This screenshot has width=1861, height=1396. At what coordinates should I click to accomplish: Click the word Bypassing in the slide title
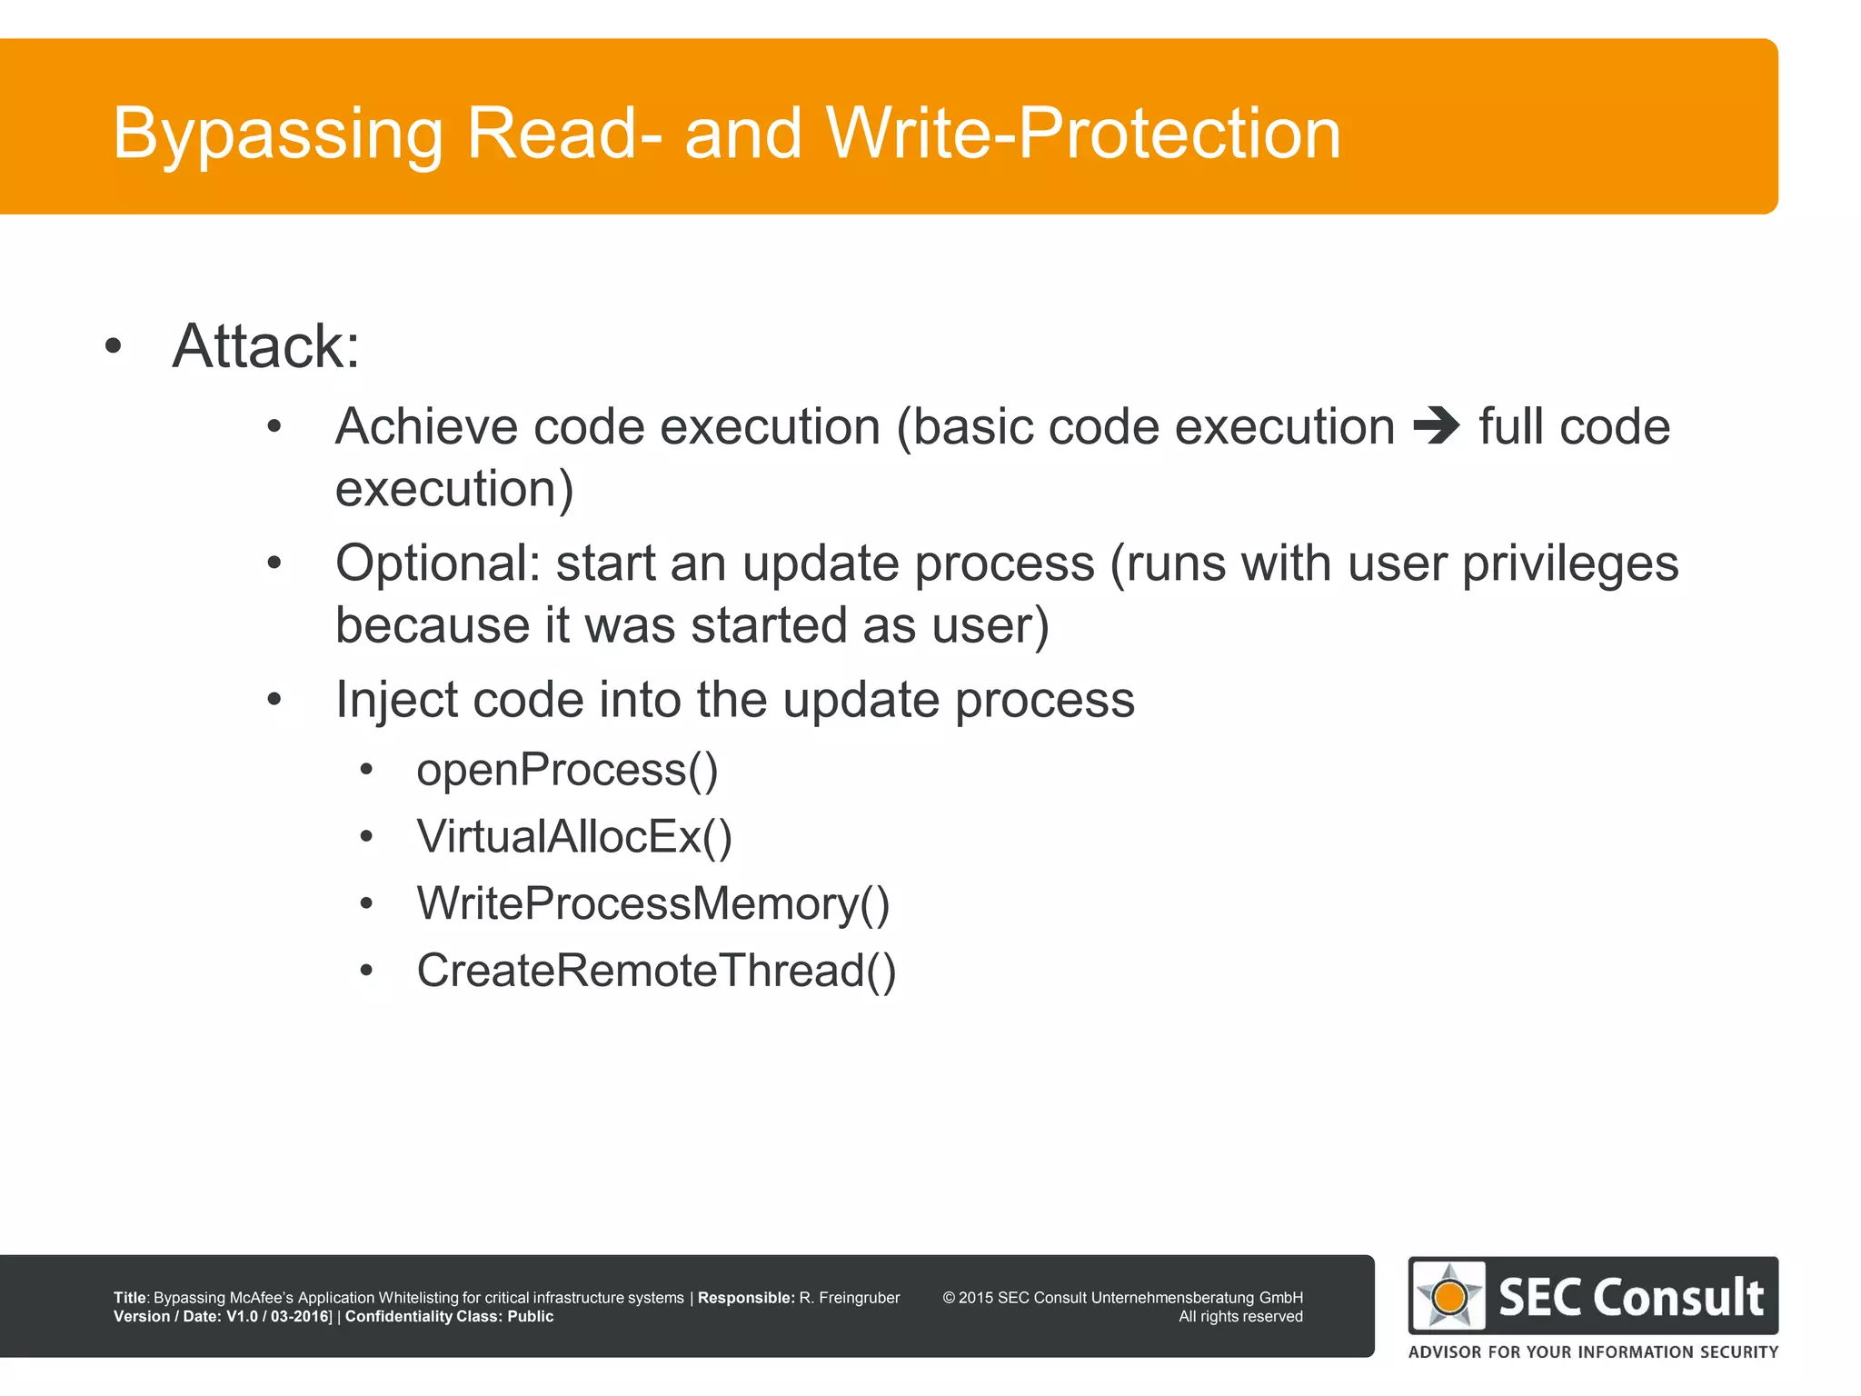point(277,135)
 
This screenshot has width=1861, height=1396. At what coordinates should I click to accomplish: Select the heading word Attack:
point(266,346)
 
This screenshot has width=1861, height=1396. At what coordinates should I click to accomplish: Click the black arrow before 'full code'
point(1437,425)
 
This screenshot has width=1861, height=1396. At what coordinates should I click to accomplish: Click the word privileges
point(1569,563)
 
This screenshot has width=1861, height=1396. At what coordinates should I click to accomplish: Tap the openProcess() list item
point(567,770)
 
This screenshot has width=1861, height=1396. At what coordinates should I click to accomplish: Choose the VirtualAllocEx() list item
point(573,836)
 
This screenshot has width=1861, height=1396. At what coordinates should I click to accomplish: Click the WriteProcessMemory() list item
point(652,903)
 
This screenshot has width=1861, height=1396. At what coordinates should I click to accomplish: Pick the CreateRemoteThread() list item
point(656,971)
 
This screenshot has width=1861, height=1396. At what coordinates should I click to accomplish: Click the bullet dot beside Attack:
point(113,346)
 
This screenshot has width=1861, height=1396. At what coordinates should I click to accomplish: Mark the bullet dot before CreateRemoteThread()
point(366,971)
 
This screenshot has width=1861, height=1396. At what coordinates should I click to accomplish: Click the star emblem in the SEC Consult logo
point(1449,1296)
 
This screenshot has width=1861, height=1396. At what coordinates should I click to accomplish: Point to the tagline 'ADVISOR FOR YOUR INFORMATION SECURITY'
point(1593,1351)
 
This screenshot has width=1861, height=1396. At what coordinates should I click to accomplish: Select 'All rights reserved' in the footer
point(1240,1317)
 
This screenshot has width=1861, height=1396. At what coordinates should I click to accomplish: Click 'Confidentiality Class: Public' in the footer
point(449,1317)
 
